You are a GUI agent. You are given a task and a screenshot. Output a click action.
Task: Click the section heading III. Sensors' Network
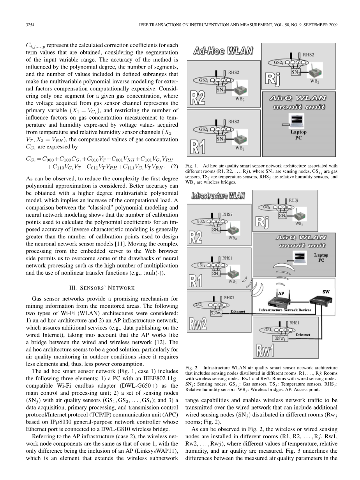102,288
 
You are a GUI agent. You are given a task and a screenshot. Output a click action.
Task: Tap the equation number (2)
175,168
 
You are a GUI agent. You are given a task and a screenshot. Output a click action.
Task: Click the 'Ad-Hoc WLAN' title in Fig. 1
224,51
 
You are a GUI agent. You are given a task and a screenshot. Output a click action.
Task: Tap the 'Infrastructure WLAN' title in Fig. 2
218,195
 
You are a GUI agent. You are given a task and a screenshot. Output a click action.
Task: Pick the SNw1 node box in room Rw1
280,338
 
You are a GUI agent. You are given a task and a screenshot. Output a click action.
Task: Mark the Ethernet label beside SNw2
238,312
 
